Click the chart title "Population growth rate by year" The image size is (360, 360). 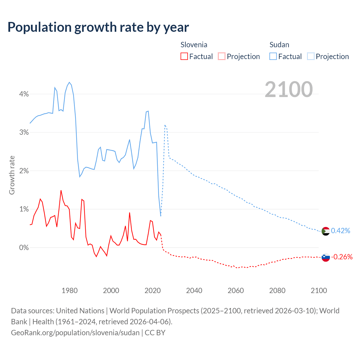point(98,27)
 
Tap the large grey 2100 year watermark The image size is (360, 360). point(289,89)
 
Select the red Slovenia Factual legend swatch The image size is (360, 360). point(184,56)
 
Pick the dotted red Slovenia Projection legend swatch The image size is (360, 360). point(222,56)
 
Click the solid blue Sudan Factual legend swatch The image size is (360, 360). point(273,56)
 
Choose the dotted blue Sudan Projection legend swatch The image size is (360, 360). point(311,56)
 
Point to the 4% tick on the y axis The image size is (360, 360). point(24,94)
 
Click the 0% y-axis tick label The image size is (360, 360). point(24,247)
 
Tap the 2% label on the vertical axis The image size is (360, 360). point(24,171)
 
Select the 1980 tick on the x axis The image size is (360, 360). point(69,291)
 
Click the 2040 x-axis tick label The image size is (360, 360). point(194,291)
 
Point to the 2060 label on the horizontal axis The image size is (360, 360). point(236,291)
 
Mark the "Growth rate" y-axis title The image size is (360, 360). point(12,175)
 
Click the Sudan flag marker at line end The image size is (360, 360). point(325,231)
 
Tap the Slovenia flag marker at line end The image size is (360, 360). point(325,257)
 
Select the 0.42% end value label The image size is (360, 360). point(341,231)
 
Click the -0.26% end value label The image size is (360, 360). point(342,257)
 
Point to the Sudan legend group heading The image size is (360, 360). point(279,45)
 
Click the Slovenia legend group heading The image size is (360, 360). point(194,45)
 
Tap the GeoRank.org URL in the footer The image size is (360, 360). point(75,333)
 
